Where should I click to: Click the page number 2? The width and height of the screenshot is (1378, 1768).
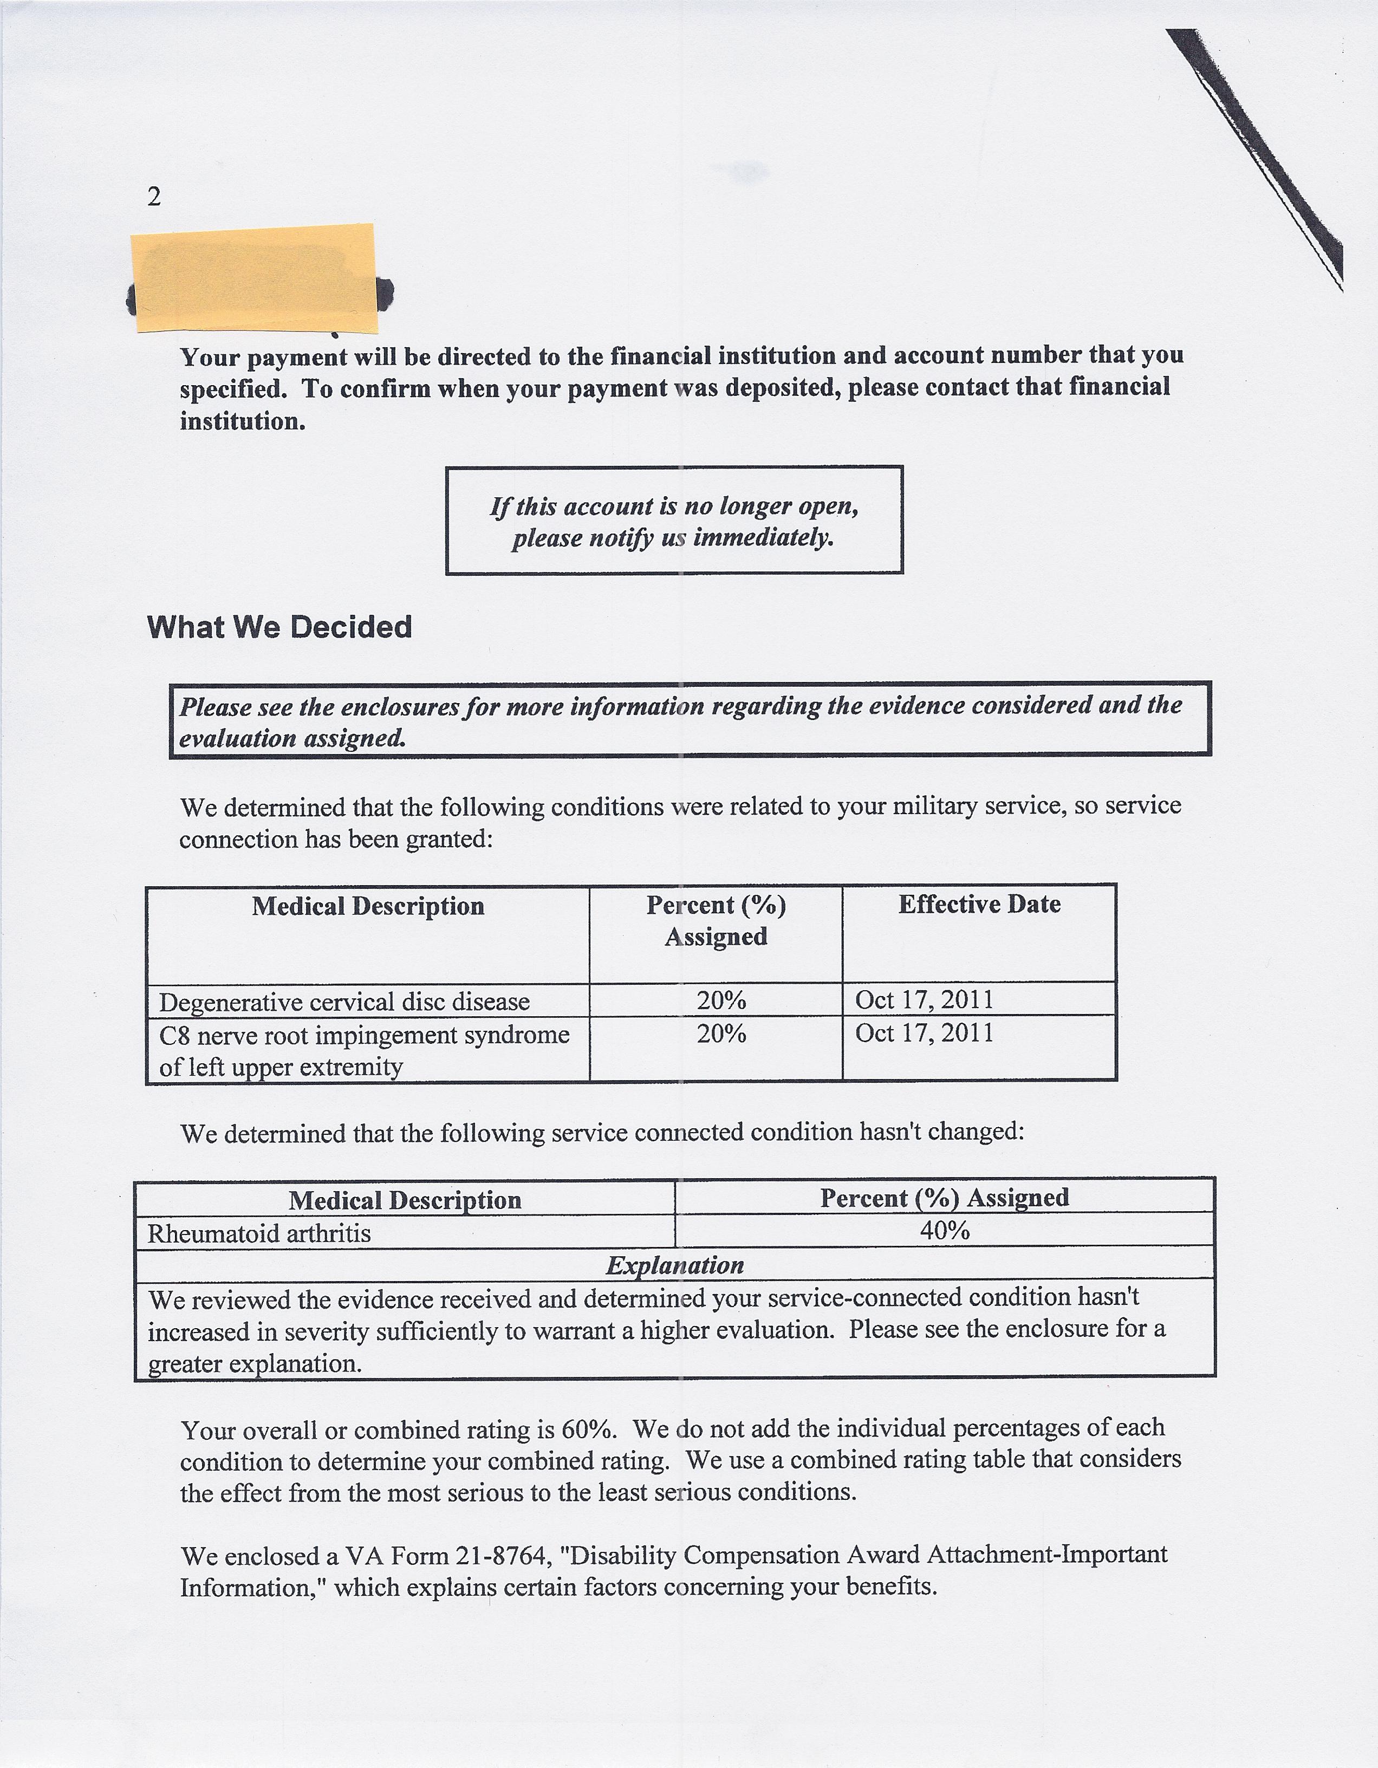(154, 197)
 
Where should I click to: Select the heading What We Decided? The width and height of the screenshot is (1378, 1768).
(279, 627)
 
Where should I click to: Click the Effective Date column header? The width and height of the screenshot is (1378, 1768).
(979, 904)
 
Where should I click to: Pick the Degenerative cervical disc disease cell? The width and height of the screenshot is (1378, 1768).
(344, 1002)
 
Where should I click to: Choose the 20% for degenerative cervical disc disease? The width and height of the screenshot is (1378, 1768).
(720, 1000)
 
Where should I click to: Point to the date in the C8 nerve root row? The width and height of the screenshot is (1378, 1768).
(924, 1033)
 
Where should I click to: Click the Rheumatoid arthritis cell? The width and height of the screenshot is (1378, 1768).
(259, 1234)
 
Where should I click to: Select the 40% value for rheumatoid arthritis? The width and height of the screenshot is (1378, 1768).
(944, 1231)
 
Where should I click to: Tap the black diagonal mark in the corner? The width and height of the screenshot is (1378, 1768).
(1263, 154)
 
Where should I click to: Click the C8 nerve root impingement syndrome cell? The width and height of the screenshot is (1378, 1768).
(365, 1050)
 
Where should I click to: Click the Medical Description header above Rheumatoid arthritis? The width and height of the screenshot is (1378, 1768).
(405, 1200)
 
